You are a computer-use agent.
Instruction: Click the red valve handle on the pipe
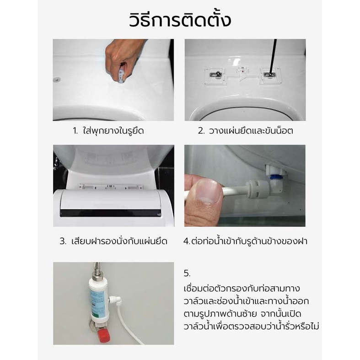(x=104, y=335)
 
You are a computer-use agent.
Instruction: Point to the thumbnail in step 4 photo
(x=208, y=191)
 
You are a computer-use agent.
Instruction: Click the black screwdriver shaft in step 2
(x=273, y=56)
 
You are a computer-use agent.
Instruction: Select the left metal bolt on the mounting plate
(x=215, y=74)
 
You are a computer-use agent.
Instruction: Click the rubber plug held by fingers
(x=122, y=75)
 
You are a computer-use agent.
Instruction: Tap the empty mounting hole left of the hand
(x=57, y=80)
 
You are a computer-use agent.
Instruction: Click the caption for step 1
(x=108, y=131)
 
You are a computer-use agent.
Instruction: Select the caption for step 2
(x=246, y=131)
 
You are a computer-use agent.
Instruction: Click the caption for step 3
(x=113, y=242)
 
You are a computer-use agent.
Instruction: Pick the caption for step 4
(x=245, y=242)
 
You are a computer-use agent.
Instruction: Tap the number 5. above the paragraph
(x=187, y=274)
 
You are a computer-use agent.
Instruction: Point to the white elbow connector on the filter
(x=115, y=300)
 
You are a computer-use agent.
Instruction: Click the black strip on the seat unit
(x=110, y=213)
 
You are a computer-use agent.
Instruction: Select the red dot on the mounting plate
(x=243, y=71)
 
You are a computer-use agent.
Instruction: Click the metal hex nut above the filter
(x=96, y=274)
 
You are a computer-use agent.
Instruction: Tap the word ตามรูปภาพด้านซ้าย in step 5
(x=220, y=314)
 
